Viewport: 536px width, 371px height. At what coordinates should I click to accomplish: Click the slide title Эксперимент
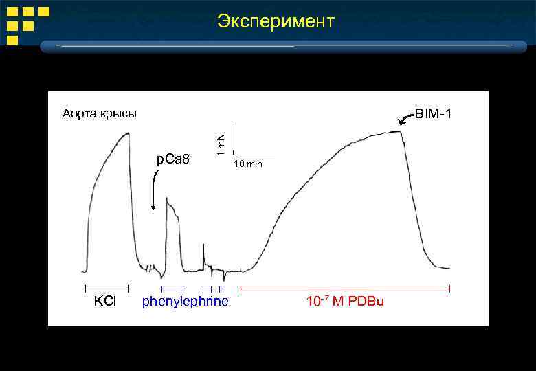(x=276, y=21)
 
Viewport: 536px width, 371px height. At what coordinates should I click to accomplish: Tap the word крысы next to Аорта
(x=119, y=113)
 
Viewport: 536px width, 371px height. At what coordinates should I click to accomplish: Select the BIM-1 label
(x=433, y=113)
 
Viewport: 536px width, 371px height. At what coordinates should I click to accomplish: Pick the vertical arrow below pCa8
(x=153, y=192)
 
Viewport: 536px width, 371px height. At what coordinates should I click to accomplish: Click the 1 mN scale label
(x=221, y=143)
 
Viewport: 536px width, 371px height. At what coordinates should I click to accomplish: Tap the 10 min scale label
(x=248, y=164)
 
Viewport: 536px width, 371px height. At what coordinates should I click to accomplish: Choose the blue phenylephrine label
(x=185, y=302)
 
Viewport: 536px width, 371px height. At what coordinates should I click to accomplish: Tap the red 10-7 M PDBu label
(x=345, y=302)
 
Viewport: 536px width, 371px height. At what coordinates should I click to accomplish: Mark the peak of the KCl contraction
(x=127, y=133)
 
